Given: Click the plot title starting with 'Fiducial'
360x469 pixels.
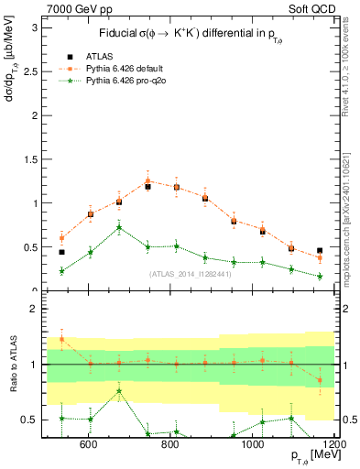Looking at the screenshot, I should coord(189,34).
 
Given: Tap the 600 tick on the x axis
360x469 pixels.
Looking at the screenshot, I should coord(89,445).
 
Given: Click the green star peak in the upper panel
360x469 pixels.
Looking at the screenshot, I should coord(119,227).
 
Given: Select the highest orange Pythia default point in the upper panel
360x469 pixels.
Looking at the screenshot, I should coord(147,181).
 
